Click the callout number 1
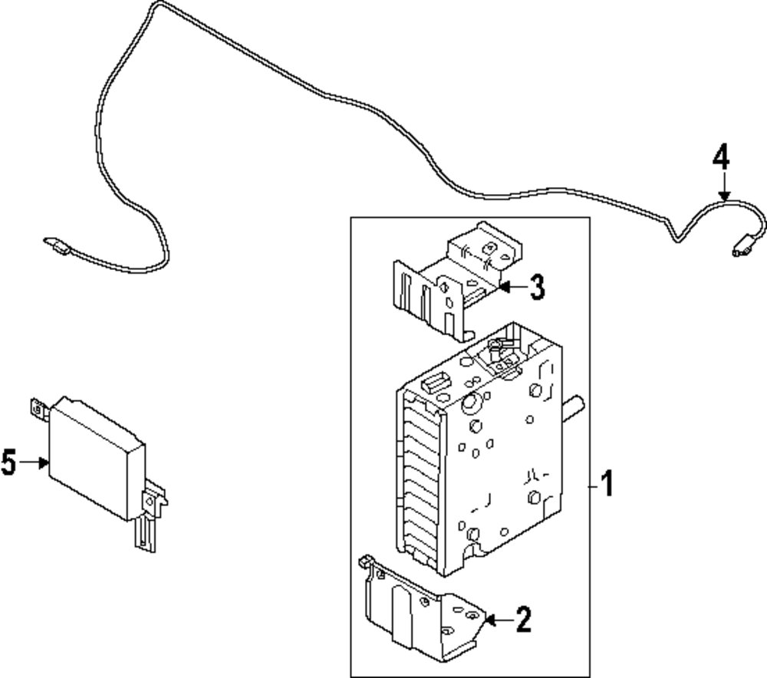pyautogui.click(x=607, y=483)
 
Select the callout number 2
pyautogui.click(x=523, y=620)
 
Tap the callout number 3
pyautogui.click(x=537, y=287)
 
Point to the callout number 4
pyautogui.click(x=721, y=157)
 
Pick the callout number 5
pyautogui.click(x=8, y=462)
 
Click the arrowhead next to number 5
pyautogui.click(x=44, y=462)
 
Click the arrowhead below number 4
pyautogui.click(x=725, y=196)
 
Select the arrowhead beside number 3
pyautogui.click(x=504, y=287)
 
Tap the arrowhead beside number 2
pyautogui.click(x=490, y=620)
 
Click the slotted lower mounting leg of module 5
pyautogui.click(x=145, y=535)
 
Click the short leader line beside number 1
pyautogui.click(x=594, y=486)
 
